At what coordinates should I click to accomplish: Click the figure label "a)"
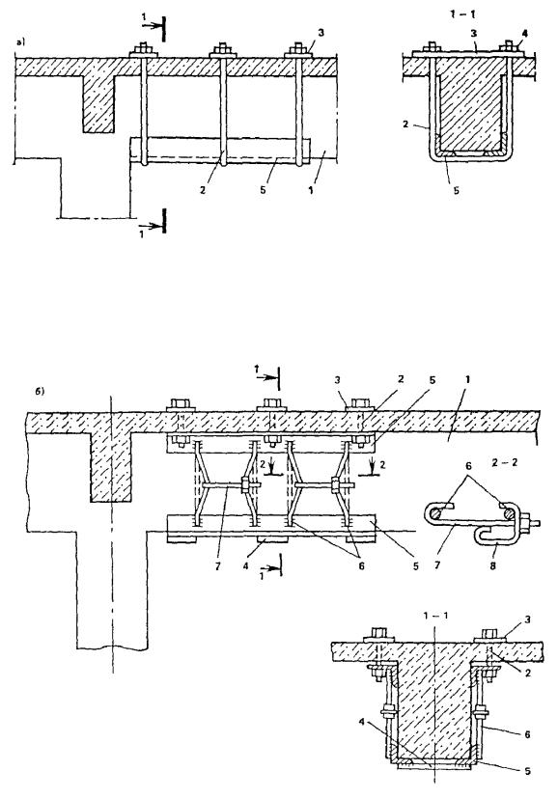pos(20,43)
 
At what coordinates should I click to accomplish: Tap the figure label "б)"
pos(40,393)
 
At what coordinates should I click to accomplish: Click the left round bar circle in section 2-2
pos(434,514)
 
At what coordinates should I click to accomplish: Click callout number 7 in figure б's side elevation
pos(219,565)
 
